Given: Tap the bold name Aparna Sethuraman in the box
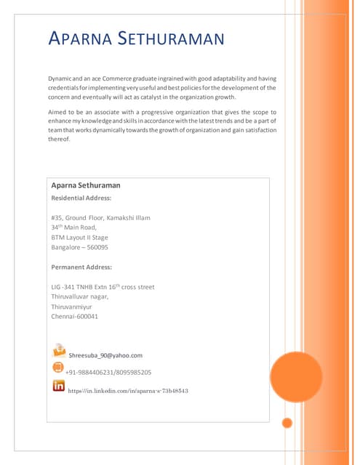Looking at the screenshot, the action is pyautogui.click(x=85, y=185).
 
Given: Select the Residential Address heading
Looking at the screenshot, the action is pyautogui.click(x=81, y=198).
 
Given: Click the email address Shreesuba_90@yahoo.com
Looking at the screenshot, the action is pyautogui.click(x=105, y=355).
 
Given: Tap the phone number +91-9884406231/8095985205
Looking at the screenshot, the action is pyautogui.click(x=108, y=372).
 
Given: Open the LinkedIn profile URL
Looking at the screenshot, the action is pyautogui.click(x=128, y=391).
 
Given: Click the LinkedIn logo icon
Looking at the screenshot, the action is pyautogui.click(x=59, y=386).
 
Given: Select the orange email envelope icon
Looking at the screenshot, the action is pyautogui.click(x=58, y=351).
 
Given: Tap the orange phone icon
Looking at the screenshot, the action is pyautogui.click(x=58, y=368).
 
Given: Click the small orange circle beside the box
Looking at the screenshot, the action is pyautogui.click(x=287, y=423).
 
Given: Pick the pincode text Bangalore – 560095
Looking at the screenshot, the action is pyautogui.click(x=79, y=247).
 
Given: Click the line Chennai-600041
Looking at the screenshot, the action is pyautogui.click(x=75, y=317).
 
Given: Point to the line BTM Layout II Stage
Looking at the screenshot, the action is pyautogui.click(x=79, y=237).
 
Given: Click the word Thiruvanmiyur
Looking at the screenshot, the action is pyautogui.click(x=72, y=307).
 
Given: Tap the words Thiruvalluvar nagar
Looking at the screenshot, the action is pyautogui.click(x=79, y=296).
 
